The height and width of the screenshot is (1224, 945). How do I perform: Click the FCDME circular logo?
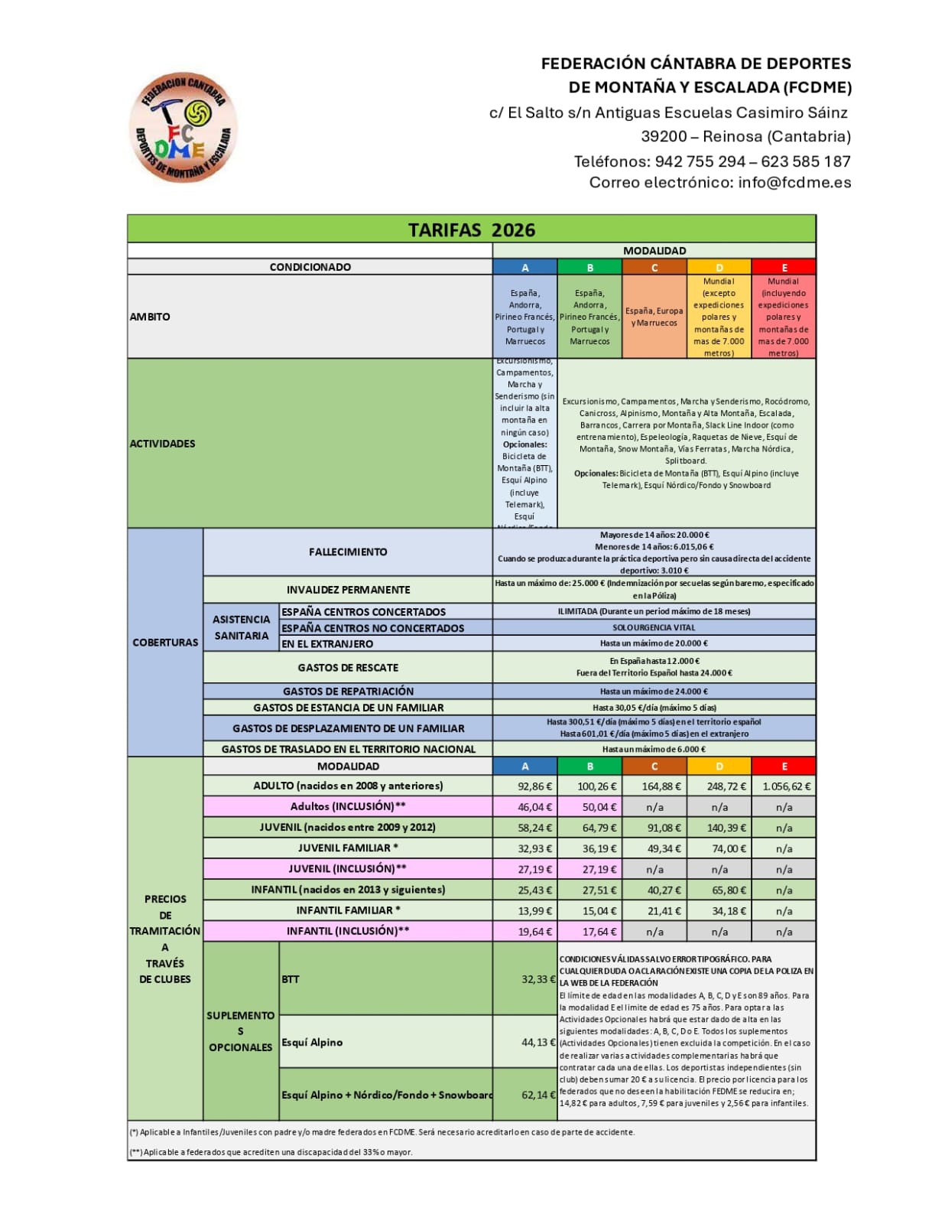[x=183, y=129]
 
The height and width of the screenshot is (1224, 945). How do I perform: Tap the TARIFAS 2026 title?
[x=471, y=229]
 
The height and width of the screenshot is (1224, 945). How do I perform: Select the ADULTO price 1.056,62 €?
[x=785, y=786]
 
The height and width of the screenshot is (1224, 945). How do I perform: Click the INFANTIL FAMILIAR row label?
[x=348, y=910]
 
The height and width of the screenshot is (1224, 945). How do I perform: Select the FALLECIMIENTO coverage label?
[x=348, y=552]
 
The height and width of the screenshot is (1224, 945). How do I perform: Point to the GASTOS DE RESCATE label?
[x=348, y=668]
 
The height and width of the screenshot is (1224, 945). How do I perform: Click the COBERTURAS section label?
[x=165, y=643]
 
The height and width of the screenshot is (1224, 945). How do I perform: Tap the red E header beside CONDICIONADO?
[x=784, y=267]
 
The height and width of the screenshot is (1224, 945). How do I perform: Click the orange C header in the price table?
[x=654, y=766]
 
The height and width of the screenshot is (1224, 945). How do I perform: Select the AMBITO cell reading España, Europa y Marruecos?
[x=654, y=317]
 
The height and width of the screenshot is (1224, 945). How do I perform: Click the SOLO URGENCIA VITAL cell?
[x=654, y=627]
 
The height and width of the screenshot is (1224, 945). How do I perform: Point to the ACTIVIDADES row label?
[x=163, y=444]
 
